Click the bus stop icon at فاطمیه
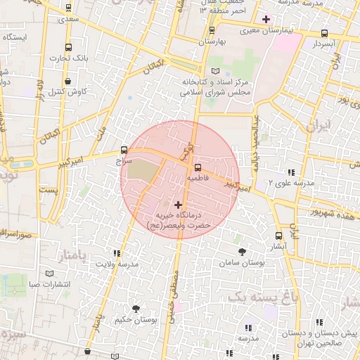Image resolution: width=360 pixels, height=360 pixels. point(197,167)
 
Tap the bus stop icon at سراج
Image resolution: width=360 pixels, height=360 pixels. point(124,150)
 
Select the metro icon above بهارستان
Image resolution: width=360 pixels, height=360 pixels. point(212,30)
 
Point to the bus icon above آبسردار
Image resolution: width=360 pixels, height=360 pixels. point(324,32)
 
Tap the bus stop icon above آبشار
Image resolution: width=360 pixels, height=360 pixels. point(279,236)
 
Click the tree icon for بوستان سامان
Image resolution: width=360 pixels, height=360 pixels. point(242,250)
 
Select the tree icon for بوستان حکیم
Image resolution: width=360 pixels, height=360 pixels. point(135,308)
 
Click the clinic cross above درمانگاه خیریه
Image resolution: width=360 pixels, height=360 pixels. point(177,204)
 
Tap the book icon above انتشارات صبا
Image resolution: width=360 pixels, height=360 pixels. point(49,273)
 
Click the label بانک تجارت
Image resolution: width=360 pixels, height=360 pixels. point(75,58)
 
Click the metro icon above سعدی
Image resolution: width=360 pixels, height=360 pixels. point(67,8)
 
